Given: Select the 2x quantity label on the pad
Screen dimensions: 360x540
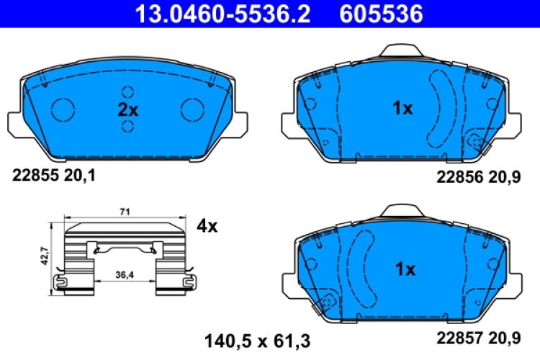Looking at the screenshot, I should tap(128, 109).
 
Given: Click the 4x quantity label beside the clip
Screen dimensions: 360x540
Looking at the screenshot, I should tap(207, 226).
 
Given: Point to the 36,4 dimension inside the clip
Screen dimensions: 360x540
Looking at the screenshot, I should tap(123, 272).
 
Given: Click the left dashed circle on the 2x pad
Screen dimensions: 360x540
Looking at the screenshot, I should tap(63, 109).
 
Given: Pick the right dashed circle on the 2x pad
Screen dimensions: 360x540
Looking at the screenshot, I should tap(192, 109).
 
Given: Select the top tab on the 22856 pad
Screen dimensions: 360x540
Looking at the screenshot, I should tap(402, 51).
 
